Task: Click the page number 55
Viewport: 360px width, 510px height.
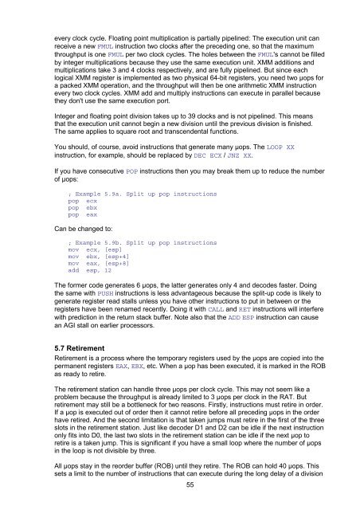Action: pyautogui.click(x=179, y=485)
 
